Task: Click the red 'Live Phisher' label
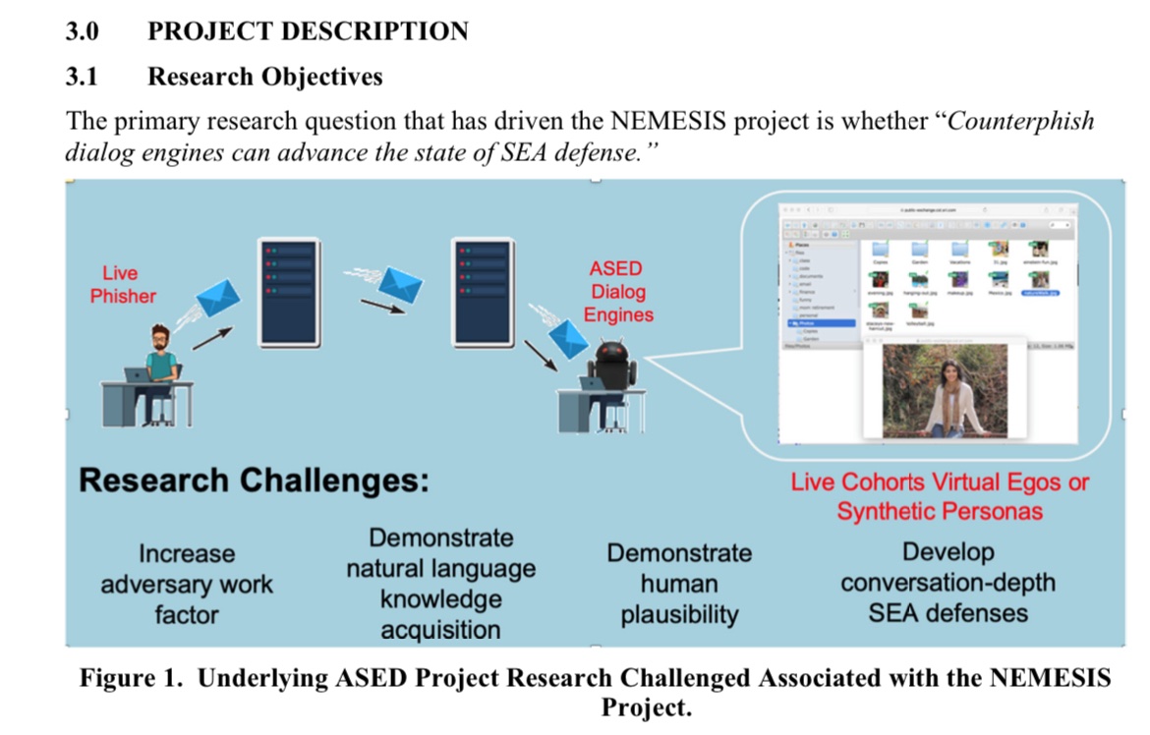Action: coord(123,284)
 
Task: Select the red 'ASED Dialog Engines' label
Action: coord(617,292)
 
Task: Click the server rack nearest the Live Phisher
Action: coord(289,291)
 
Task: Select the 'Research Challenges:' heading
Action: coord(254,481)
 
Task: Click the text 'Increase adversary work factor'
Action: coord(186,585)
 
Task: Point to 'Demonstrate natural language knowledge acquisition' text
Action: coord(440,584)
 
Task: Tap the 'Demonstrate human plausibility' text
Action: coord(678,584)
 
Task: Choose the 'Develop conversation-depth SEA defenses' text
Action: coord(948,583)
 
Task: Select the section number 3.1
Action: coord(82,76)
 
